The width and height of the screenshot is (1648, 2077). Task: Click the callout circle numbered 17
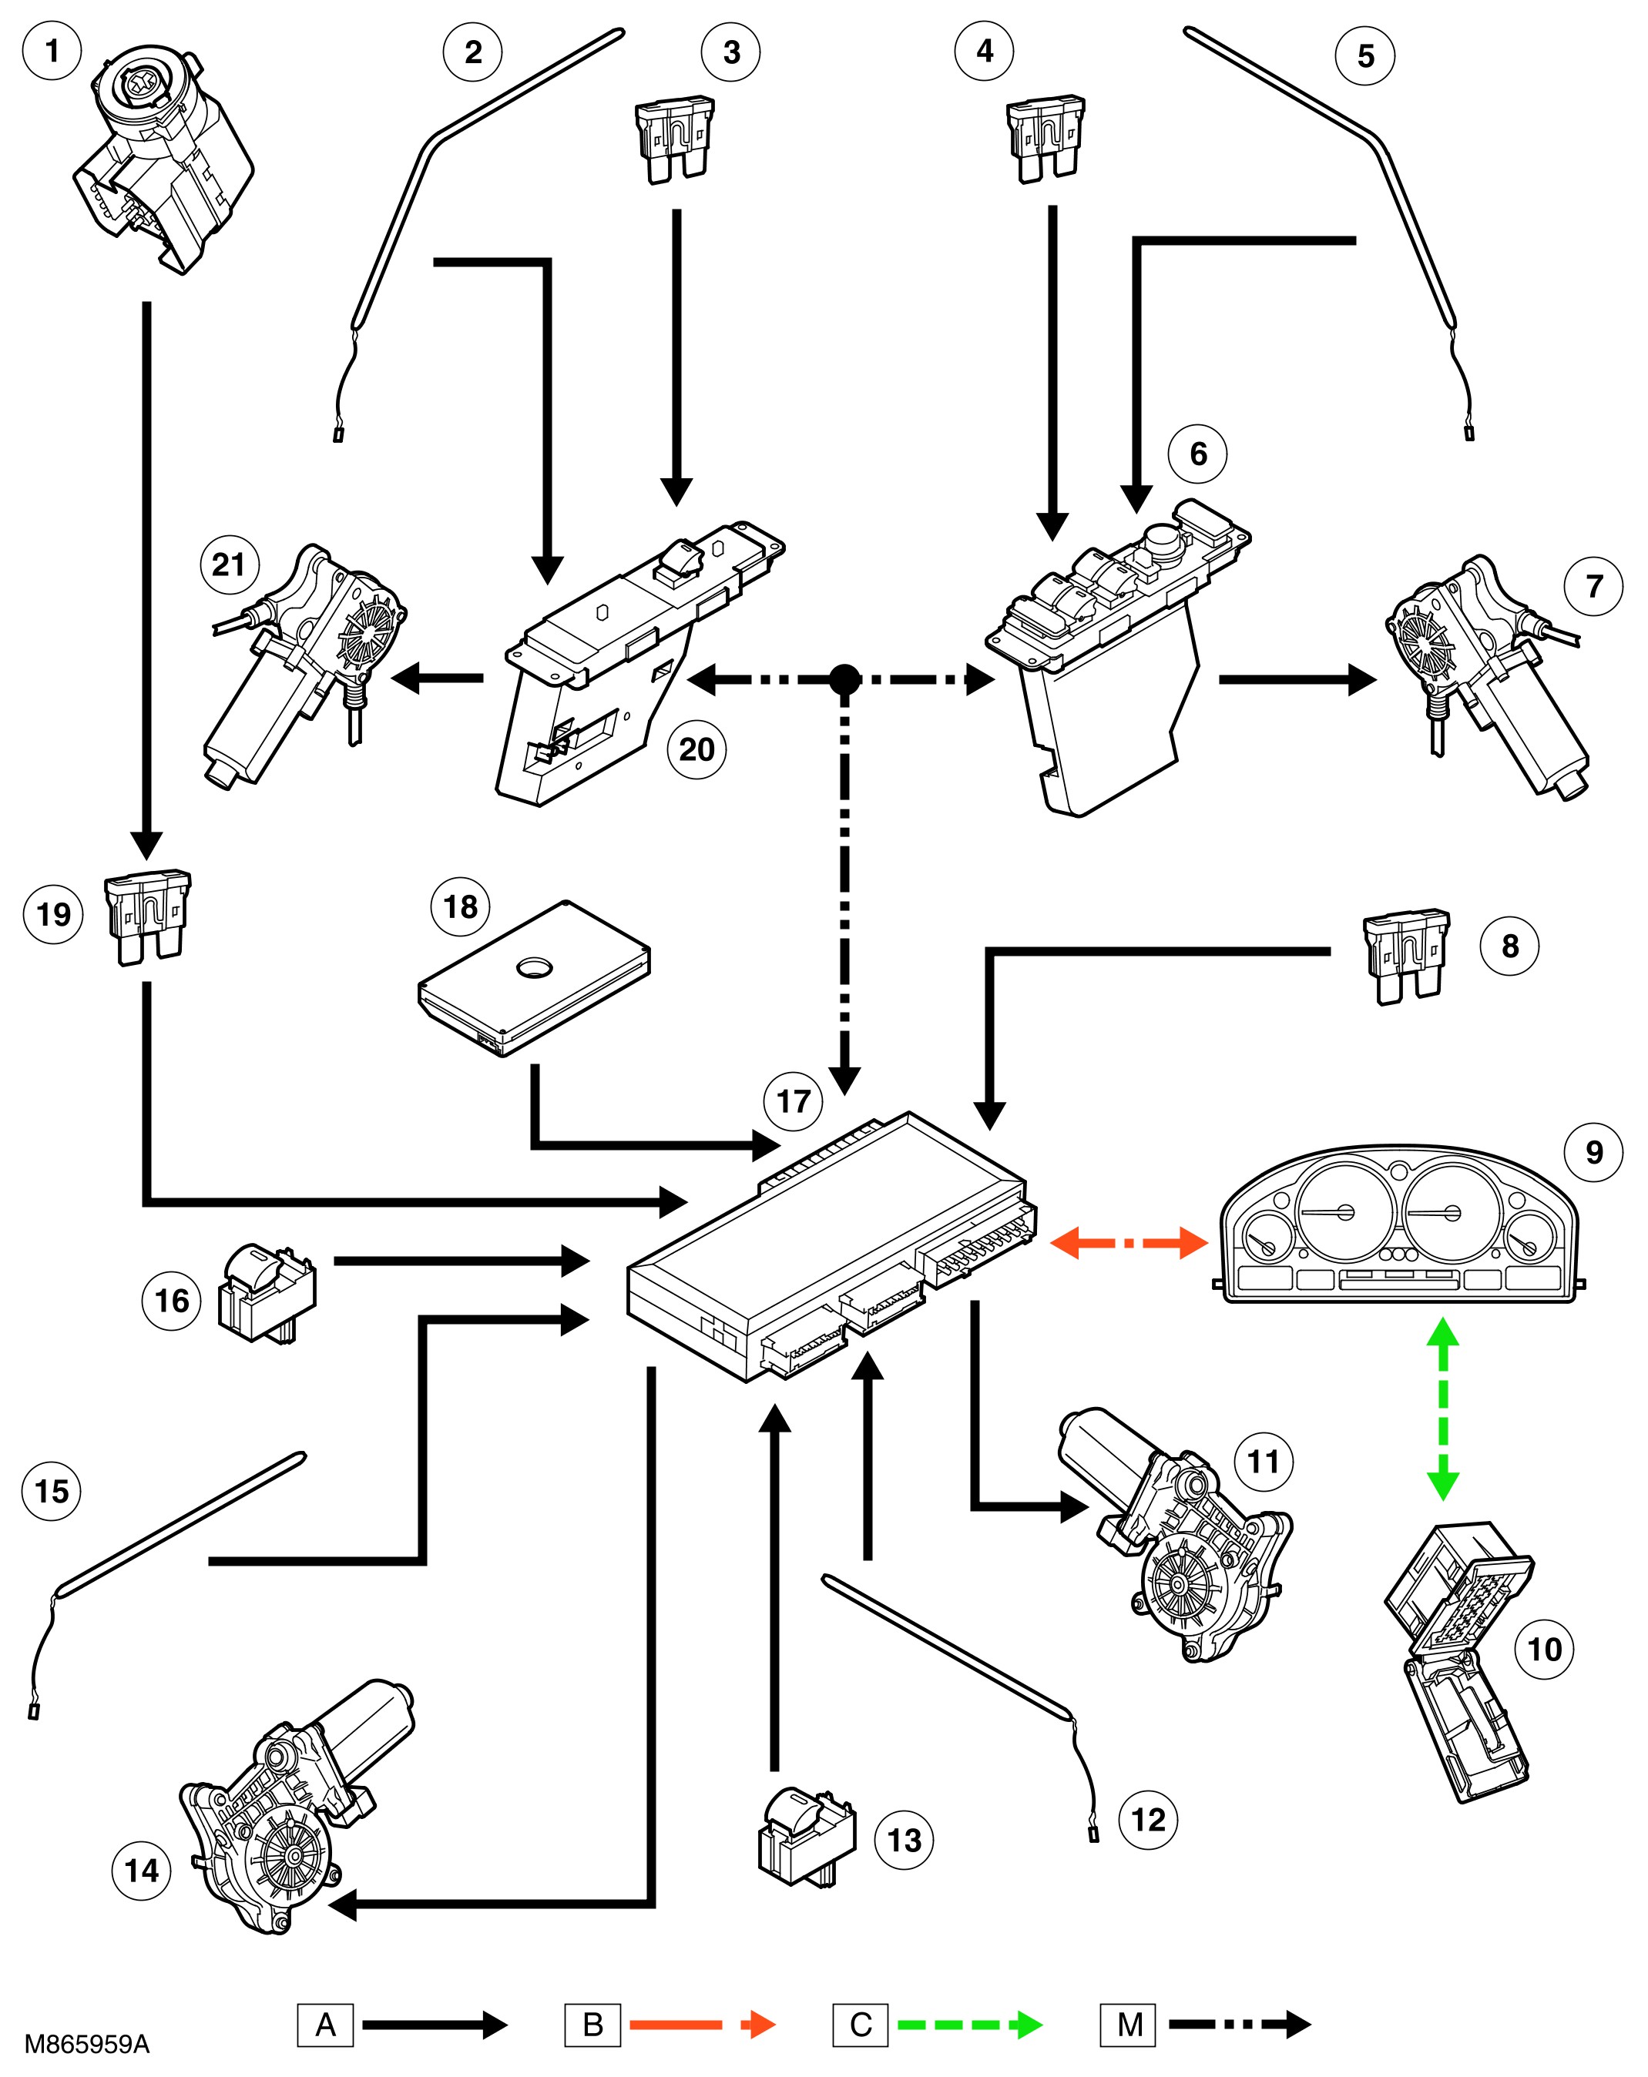coord(792,1100)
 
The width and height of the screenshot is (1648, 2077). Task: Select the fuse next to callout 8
coord(1406,956)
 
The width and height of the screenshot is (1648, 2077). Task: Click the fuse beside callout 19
coord(147,916)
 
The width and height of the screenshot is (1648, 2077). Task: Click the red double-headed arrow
coord(1128,1243)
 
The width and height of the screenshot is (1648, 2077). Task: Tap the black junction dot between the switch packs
coord(844,679)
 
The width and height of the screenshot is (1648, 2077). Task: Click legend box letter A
coord(326,2024)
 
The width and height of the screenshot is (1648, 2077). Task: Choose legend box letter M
coord(1129,2024)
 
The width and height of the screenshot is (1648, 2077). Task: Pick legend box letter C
coord(861,2024)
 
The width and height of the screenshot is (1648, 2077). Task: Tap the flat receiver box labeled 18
coord(534,978)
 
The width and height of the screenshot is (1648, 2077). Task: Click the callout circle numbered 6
coord(1197,454)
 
